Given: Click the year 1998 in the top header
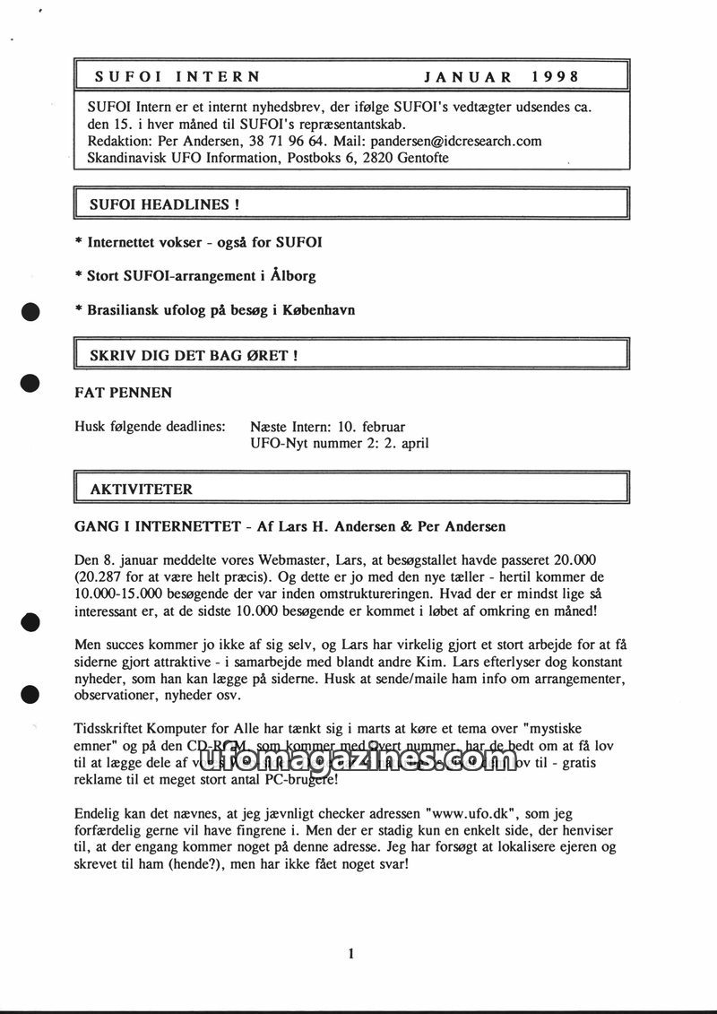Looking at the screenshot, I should [x=555, y=77].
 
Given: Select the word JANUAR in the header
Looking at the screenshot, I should [x=468, y=77].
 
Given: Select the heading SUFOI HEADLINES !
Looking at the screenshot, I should [x=164, y=204].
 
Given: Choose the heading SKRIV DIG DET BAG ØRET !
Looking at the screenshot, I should [x=194, y=355].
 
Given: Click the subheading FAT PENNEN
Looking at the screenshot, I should [x=124, y=393].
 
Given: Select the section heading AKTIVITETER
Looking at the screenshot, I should [x=141, y=490].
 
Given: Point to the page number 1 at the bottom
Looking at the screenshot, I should [x=351, y=953].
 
